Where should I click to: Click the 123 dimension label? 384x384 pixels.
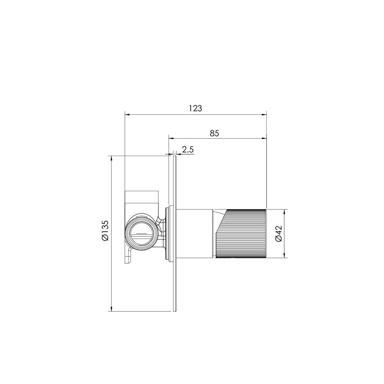tap(195, 108)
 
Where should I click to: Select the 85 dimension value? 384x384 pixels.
tap(214, 133)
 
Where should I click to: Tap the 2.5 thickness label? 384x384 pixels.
tap(188, 149)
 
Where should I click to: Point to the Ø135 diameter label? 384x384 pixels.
tap(105, 230)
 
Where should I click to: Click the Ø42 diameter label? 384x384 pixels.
tap(279, 233)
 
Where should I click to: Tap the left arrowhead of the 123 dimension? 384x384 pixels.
tap(127, 115)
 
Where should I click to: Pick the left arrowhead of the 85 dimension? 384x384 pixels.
tap(172, 138)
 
